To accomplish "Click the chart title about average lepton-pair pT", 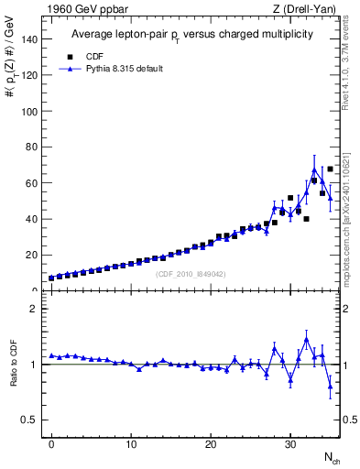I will (192, 34).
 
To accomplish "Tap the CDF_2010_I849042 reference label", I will (191, 274).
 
